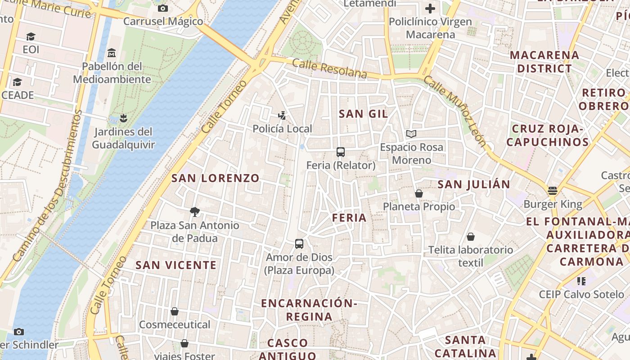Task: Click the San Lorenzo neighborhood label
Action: (x=216, y=178)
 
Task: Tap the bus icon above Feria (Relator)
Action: (x=341, y=152)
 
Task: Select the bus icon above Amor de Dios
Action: (x=299, y=244)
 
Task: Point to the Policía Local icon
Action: (x=282, y=116)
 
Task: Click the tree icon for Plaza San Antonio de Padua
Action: (x=195, y=211)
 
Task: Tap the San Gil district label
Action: (x=363, y=114)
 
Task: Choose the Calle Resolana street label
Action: (x=329, y=69)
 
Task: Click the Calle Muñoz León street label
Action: (x=455, y=111)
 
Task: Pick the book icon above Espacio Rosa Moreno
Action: (x=411, y=134)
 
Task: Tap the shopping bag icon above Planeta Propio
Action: (x=419, y=193)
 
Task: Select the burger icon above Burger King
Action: (x=553, y=191)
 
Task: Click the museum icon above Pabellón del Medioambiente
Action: (x=112, y=53)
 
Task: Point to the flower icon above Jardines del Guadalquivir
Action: (x=123, y=118)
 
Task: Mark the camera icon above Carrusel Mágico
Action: (x=163, y=8)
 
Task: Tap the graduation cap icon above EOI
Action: (x=31, y=36)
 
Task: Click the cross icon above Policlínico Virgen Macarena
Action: (x=430, y=8)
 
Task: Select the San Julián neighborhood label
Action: (x=474, y=184)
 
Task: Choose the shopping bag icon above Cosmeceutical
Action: (x=175, y=311)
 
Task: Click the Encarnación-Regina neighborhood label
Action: (x=309, y=310)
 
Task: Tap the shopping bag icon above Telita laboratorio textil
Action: (x=471, y=237)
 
